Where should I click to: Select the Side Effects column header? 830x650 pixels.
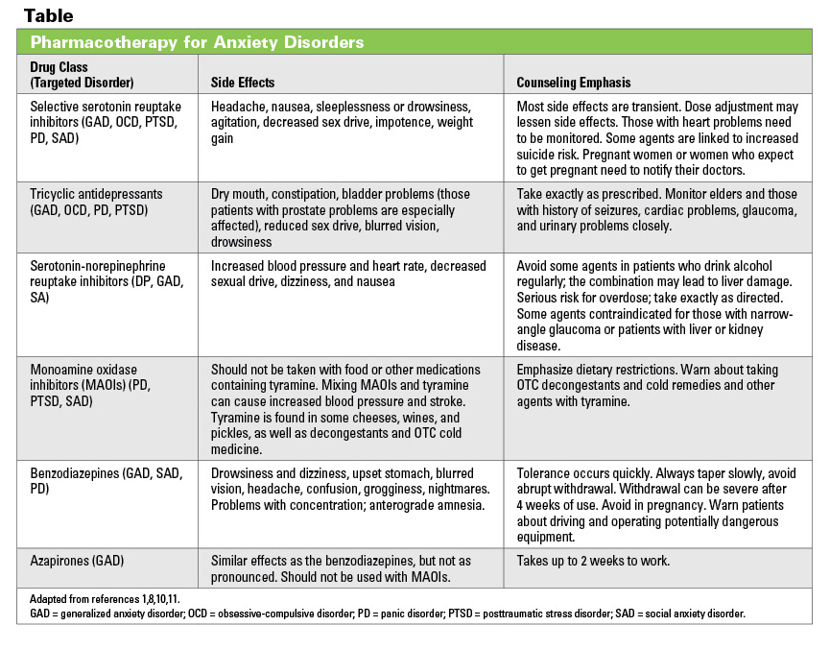243,83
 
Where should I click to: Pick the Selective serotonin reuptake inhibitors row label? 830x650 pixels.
106,122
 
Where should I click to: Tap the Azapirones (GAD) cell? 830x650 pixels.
77,559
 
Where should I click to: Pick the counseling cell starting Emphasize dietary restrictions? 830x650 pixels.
648,385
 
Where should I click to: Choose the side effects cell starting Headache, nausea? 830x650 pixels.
342,122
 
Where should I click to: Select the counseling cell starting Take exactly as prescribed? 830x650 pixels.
653,209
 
